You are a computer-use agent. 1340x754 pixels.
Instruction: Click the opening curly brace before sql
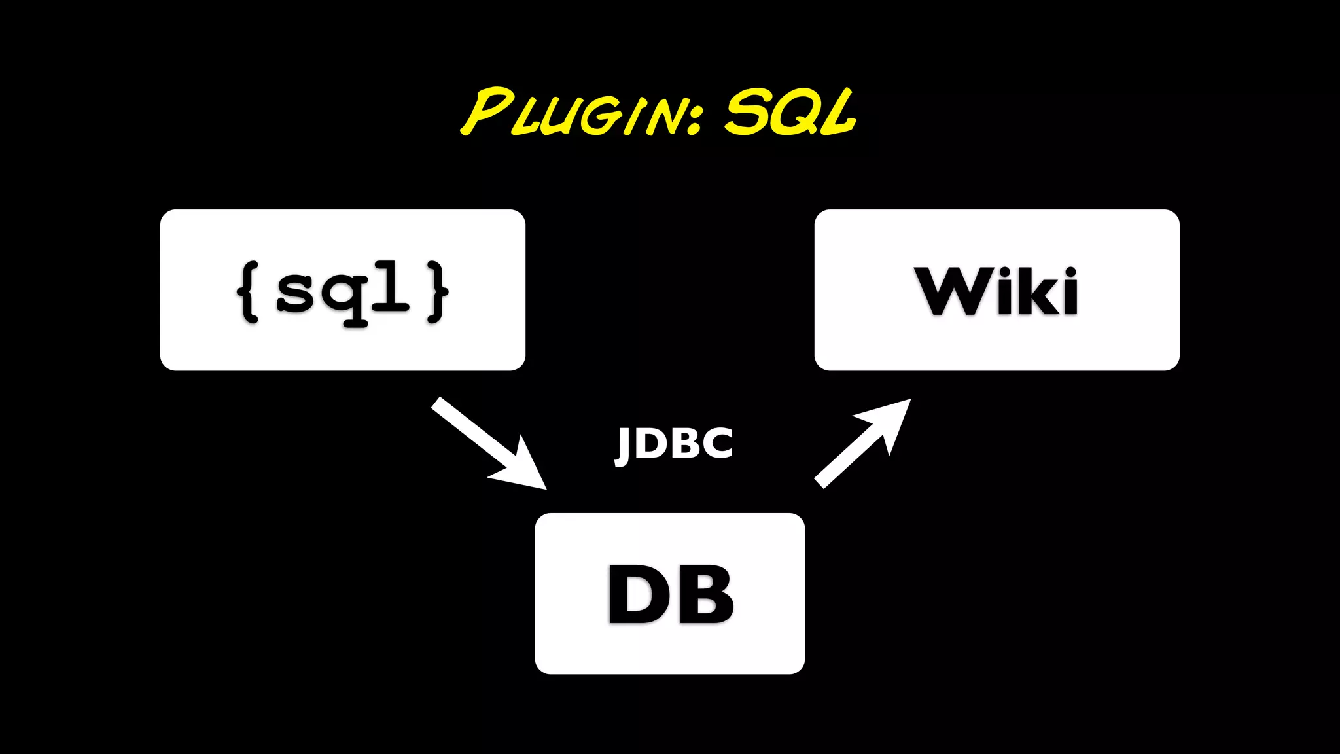click(x=249, y=292)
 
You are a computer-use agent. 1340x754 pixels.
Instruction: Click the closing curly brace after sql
click(x=438, y=292)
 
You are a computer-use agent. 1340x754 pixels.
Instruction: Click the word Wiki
click(x=996, y=291)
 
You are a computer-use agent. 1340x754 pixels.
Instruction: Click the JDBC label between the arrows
click(x=674, y=444)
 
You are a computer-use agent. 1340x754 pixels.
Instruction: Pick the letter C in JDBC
click(x=718, y=443)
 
